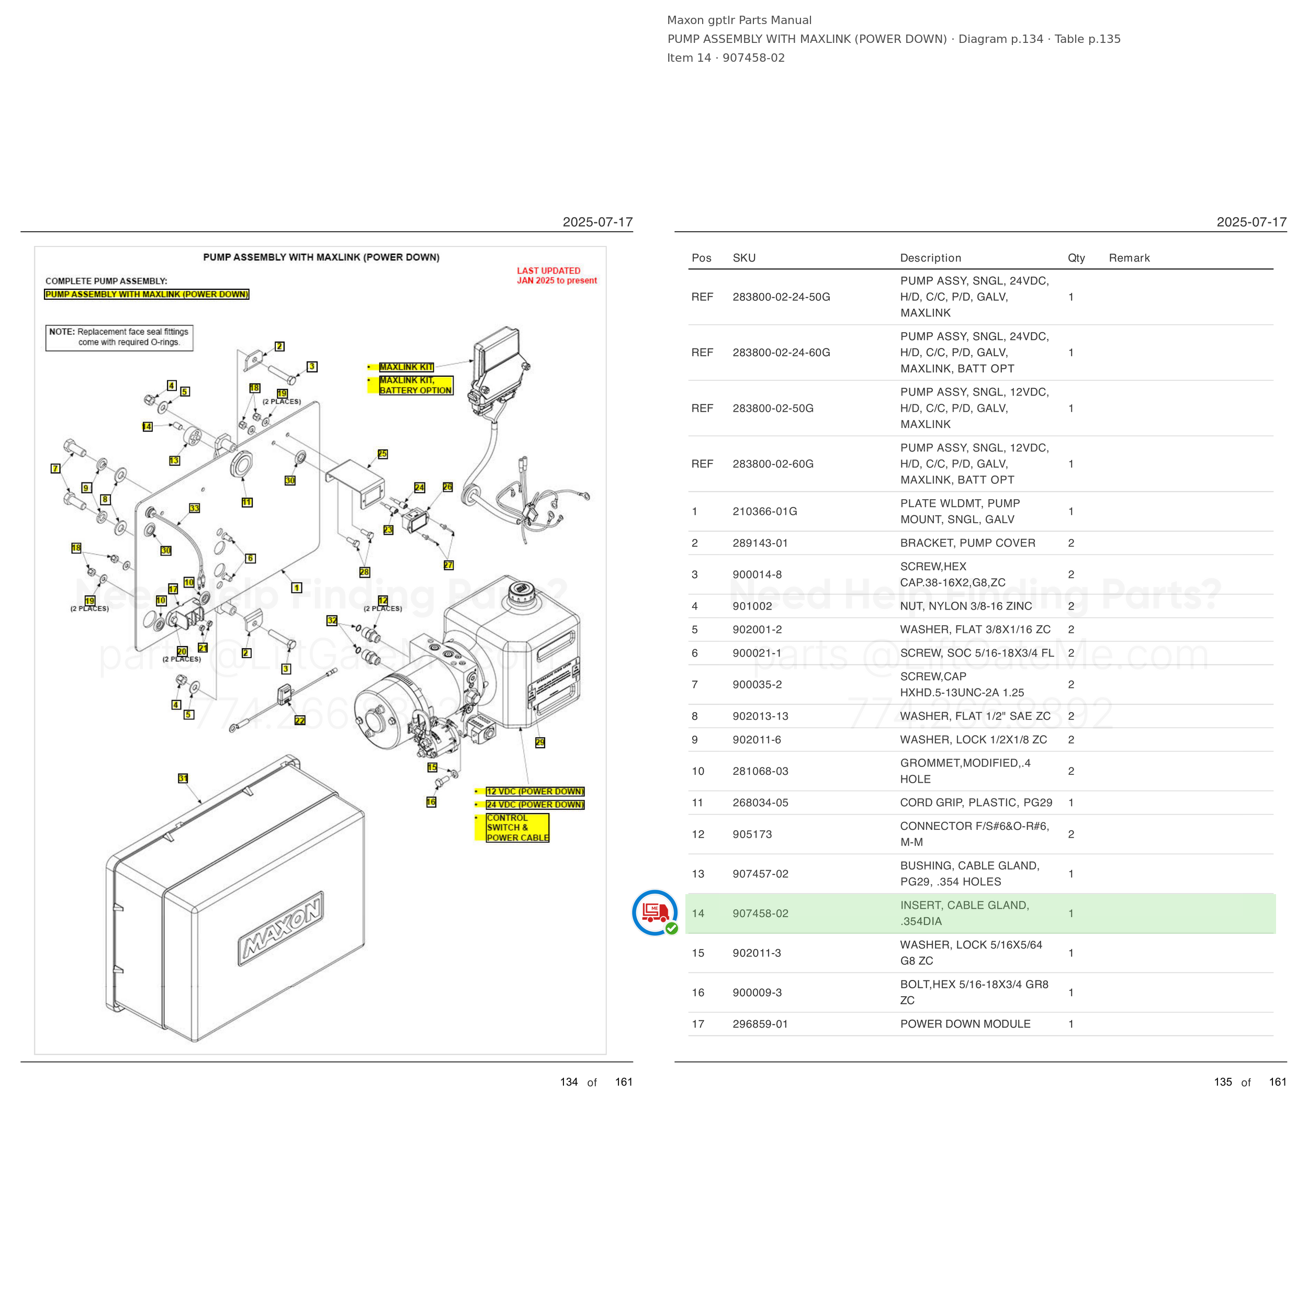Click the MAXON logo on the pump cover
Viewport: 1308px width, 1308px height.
click(x=281, y=928)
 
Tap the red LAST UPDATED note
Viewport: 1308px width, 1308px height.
click(x=557, y=276)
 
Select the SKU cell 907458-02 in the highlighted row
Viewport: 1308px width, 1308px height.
click(x=760, y=914)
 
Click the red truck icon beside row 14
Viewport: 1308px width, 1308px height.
click(x=655, y=912)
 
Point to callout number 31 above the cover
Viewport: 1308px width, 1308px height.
click(x=183, y=779)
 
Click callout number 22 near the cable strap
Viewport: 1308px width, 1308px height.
click(x=300, y=720)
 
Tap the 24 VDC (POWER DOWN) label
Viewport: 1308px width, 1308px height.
click(x=535, y=804)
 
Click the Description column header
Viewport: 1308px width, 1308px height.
click(x=930, y=258)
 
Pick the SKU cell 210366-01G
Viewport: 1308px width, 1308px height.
click(x=764, y=511)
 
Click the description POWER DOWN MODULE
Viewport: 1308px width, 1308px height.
click(x=965, y=1024)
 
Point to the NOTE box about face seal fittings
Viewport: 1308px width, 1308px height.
click(x=119, y=337)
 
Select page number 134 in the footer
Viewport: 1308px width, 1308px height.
click(x=569, y=1082)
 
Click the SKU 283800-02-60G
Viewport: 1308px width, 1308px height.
click(x=772, y=464)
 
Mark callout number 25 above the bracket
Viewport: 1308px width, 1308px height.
click(x=382, y=454)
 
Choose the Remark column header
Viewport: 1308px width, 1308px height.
click(x=1129, y=258)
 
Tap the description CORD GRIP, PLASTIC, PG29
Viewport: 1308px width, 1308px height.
click(x=976, y=802)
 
